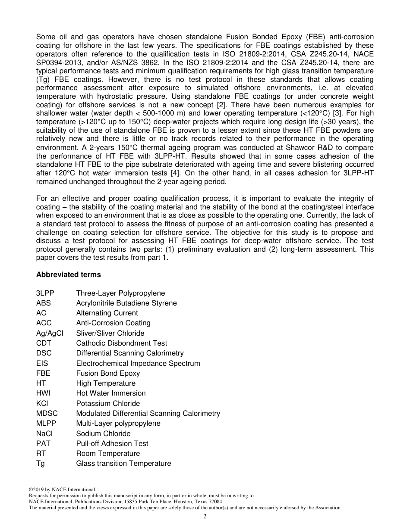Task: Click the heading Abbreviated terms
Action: click(x=68, y=274)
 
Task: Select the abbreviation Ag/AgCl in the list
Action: click(x=50, y=333)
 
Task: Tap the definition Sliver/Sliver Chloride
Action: click(x=110, y=333)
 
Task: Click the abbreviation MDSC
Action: click(x=47, y=413)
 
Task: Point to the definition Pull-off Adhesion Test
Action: click(x=112, y=443)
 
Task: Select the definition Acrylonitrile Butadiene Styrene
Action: click(x=126, y=303)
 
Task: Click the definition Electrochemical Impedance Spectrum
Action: click(x=138, y=363)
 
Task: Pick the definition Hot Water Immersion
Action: click(x=111, y=393)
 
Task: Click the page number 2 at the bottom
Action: click(x=205, y=517)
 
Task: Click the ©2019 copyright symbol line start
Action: click(x=31, y=489)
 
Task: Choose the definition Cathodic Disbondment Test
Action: click(x=121, y=343)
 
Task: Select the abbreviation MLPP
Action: click(x=46, y=423)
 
